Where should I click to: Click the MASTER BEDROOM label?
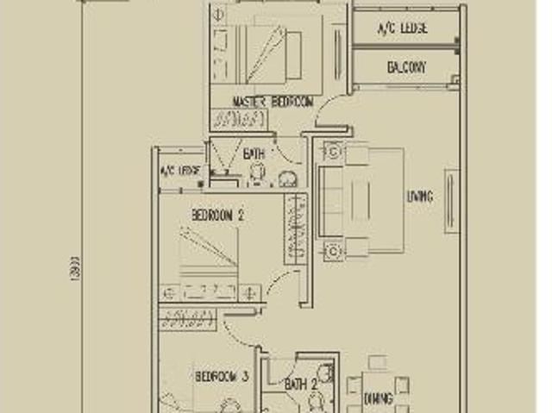click(273, 102)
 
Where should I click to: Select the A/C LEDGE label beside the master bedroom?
click(403, 28)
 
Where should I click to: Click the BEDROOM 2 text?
click(217, 215)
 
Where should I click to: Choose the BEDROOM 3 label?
click(222, 377)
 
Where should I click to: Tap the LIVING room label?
click(419, 197)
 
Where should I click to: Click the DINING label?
click(378, 399)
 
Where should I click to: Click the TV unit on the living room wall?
click(449, 201)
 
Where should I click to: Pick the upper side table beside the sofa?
click(333, 151)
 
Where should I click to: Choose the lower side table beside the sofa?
click(333, 251)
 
